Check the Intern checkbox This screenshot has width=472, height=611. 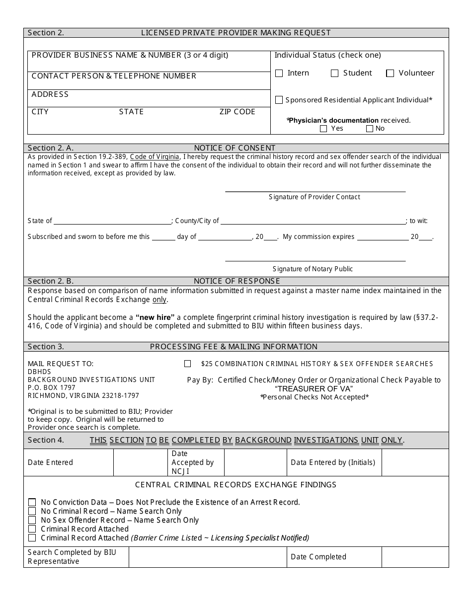pos(279,74)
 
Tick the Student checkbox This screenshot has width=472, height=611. pos(335,74)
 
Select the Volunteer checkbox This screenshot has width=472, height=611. pos(390,74)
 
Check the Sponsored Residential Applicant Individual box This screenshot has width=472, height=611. pos(279,100)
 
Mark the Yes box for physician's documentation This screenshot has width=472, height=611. pos(323,129)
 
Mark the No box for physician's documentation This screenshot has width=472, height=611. pos(369,129)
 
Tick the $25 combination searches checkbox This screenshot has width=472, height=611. pos(187,364)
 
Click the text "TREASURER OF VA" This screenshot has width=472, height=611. pos(314,388)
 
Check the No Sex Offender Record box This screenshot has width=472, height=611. pos(32,520)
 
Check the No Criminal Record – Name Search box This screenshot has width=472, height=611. pos(32,511)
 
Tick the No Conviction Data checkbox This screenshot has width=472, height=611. pos(32,502)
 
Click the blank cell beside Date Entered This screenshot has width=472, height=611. pos(141,462)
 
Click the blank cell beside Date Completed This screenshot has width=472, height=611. pos(415,557)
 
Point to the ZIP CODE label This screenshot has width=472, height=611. pos(237,112)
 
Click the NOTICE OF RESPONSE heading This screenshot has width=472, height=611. pos(236,281)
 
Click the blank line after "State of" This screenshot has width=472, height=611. pos(112,222)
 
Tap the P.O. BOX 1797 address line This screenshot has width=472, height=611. pos(52,387)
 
